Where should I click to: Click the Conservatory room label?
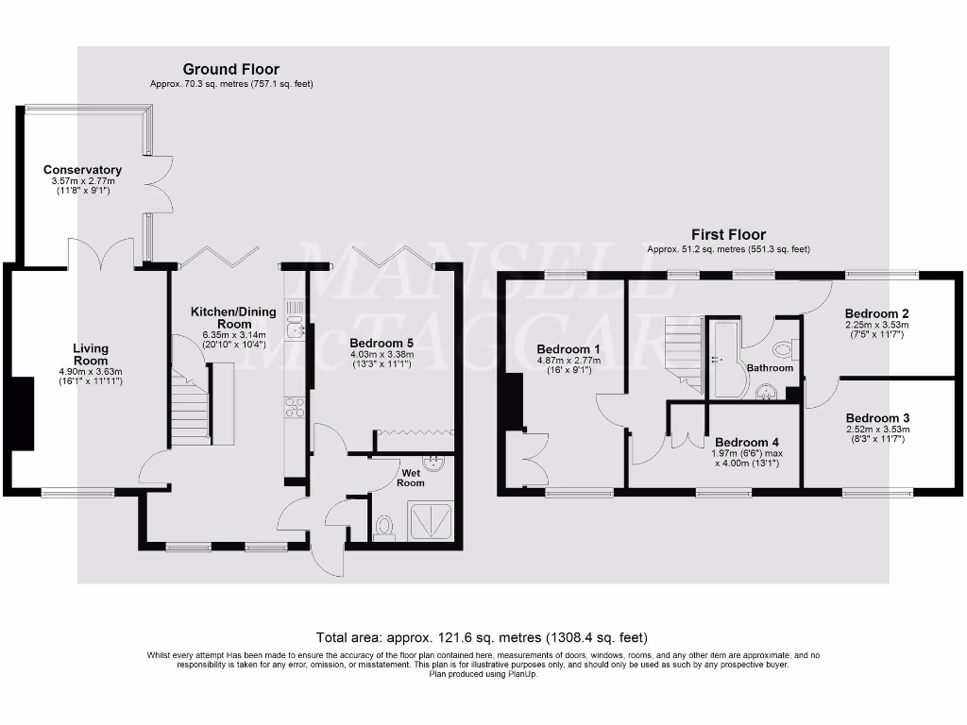point(83,171)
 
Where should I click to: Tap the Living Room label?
point(92,355)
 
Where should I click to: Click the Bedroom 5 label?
point(381,343)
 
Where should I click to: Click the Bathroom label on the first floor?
point(770,368)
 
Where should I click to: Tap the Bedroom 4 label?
point(748,442)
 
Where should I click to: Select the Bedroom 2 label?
point(877,313)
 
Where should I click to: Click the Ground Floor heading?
point(230,69)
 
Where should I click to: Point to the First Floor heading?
point(727,234)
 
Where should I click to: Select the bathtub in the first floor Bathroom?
point(725,359)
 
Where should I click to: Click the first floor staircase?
point(684,351)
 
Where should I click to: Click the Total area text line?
point(483,637)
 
